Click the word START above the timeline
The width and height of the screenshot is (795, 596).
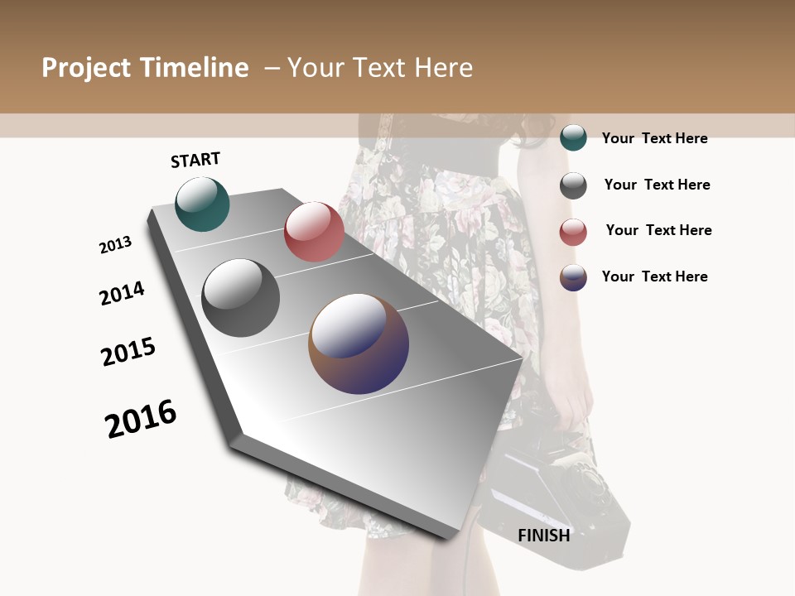[x=195, y=160]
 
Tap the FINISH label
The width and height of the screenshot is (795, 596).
[x=544, y=536]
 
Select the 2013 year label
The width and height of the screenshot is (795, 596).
[x=115, y=245]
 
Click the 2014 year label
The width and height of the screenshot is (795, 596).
[x=122, y=293]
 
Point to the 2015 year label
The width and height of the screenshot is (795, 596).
[x=128, y=352]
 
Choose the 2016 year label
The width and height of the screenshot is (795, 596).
[x=141, y=419]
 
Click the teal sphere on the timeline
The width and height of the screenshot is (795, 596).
[x=202, y=204]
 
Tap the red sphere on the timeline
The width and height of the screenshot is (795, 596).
[x=314, y=231]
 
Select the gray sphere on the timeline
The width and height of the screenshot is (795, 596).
[x=241, y=297]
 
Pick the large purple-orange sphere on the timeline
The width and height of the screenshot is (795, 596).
[x=359, y=343]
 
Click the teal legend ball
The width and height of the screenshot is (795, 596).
[x=573, y=137]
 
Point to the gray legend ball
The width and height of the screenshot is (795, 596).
[x=573, y=185]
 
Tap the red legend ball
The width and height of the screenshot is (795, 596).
[x=573, y=232]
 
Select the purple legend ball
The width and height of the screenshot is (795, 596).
[x=573, y=277]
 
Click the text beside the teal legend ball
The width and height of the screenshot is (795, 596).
[x=654, y=138]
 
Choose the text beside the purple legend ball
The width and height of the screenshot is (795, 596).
[x=654, y=276]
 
